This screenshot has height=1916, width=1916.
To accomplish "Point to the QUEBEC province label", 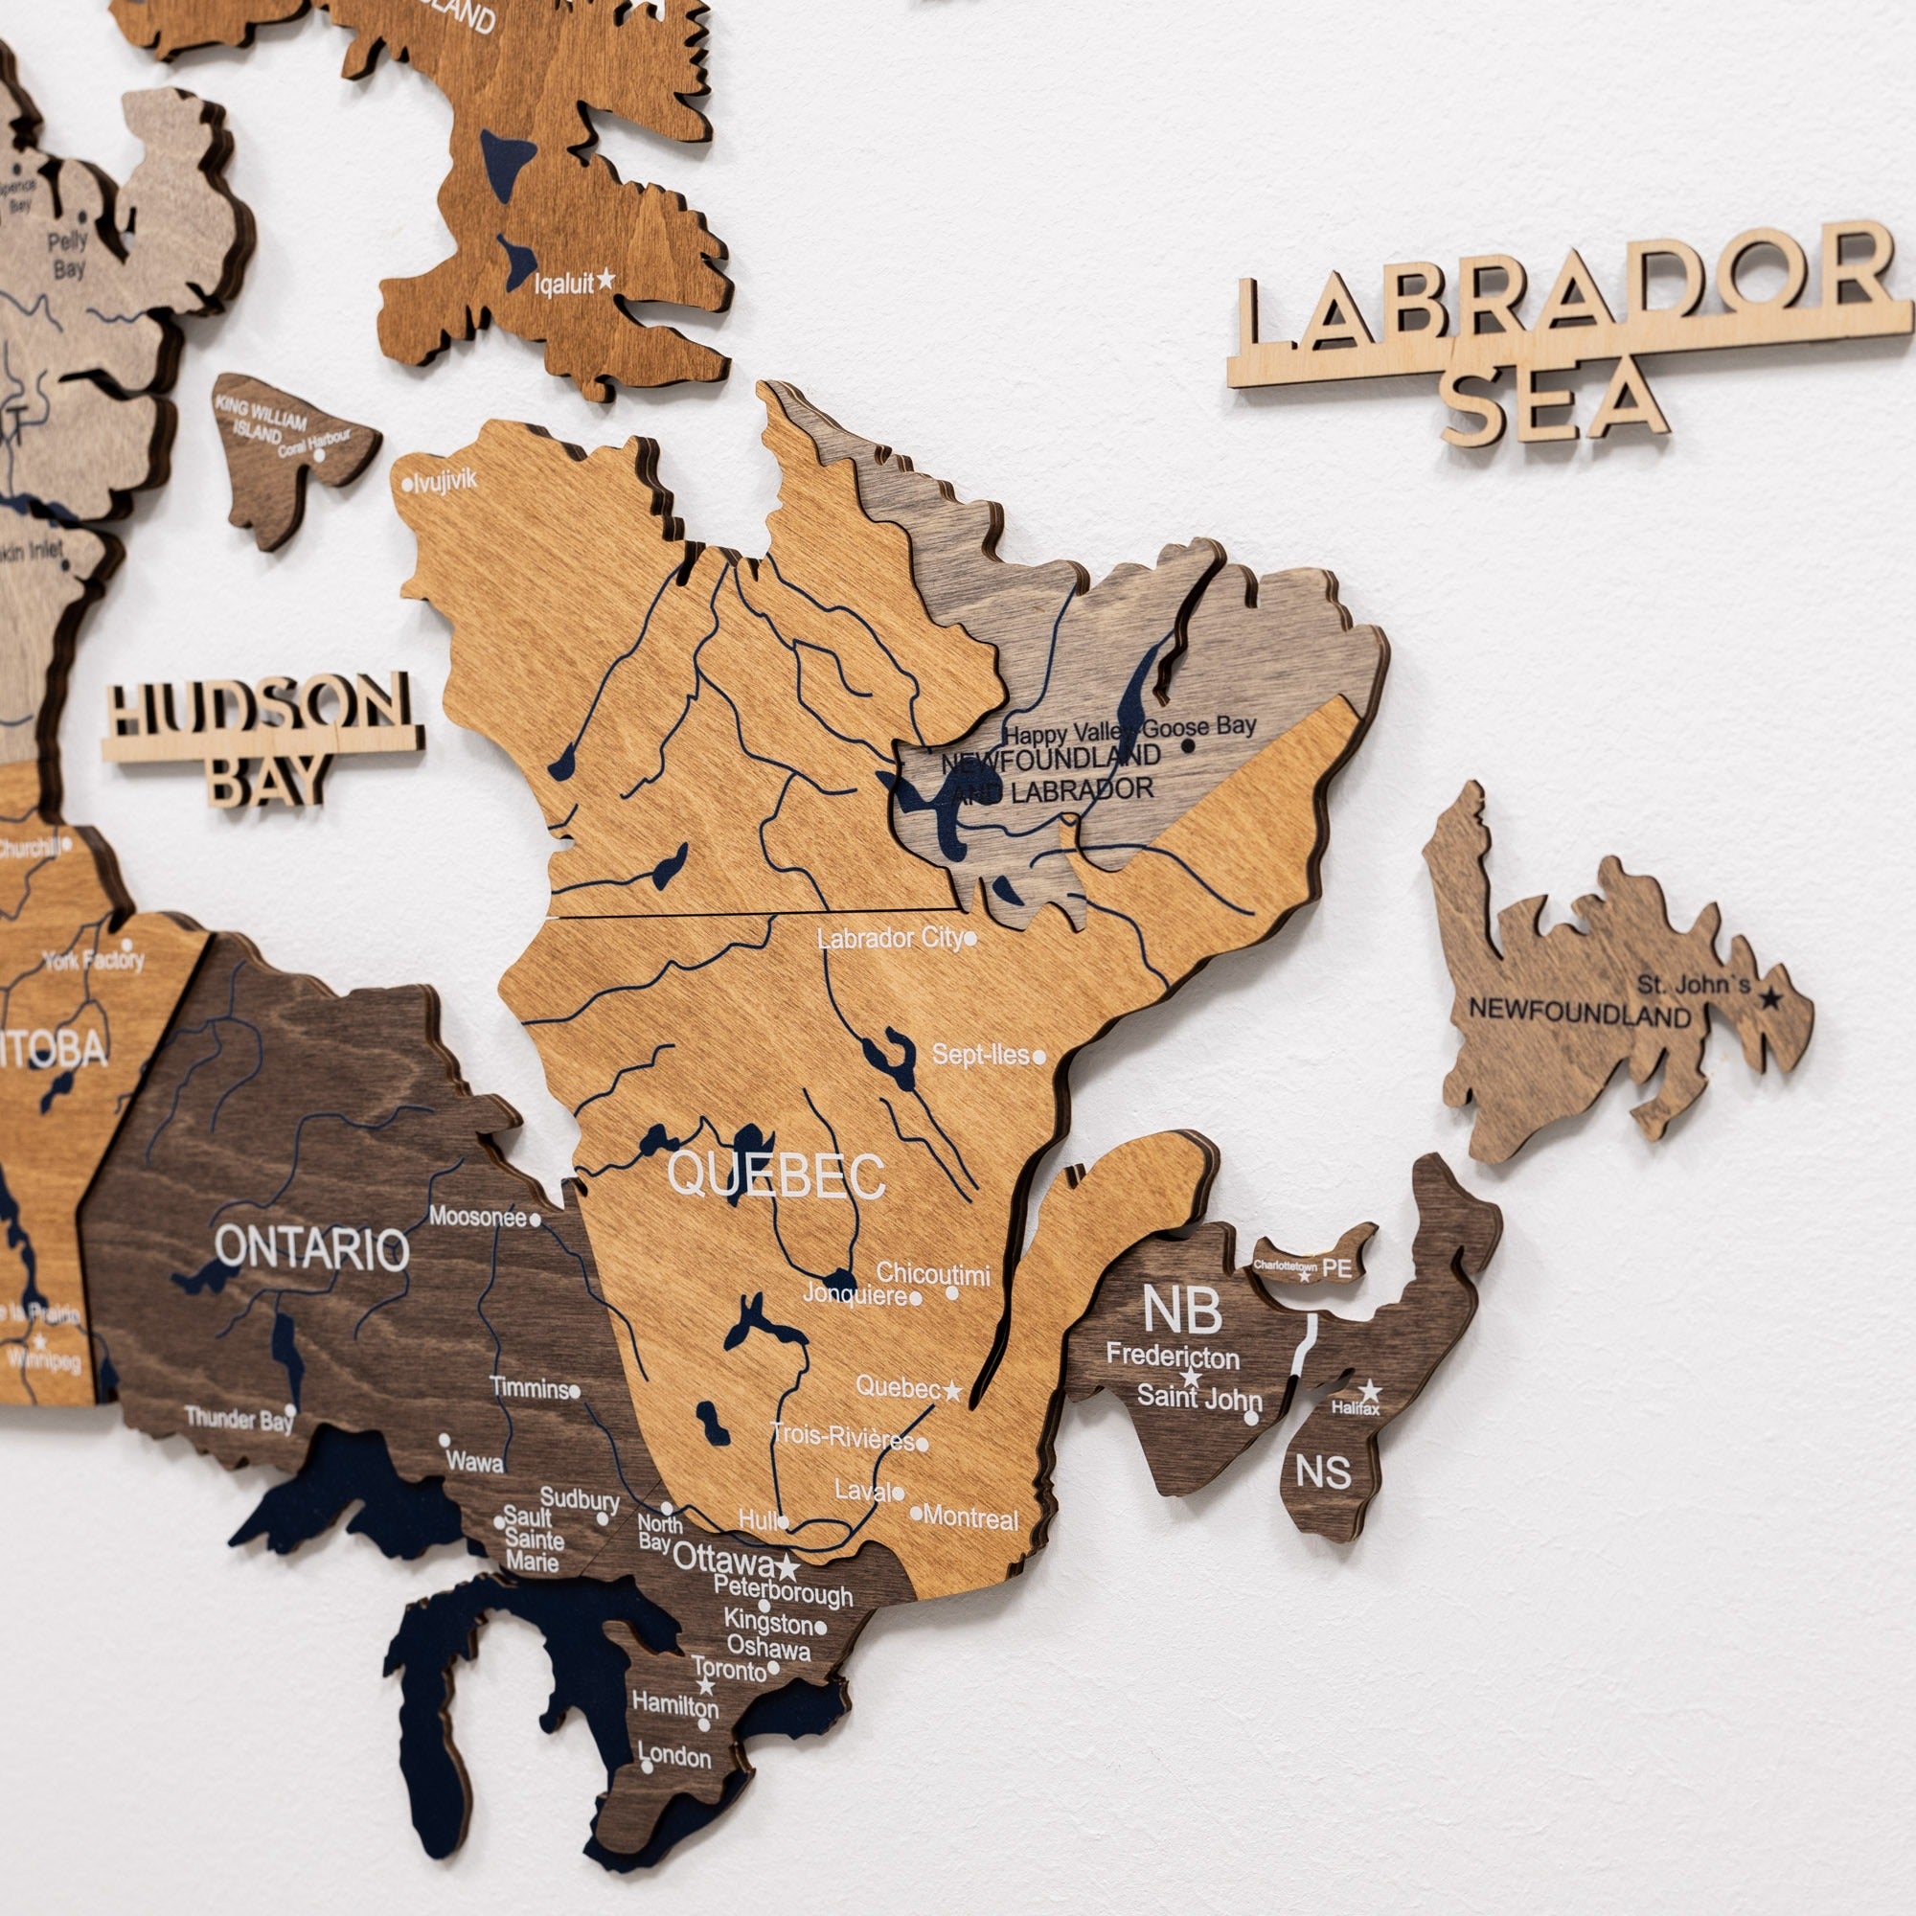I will [x=777, y=1176].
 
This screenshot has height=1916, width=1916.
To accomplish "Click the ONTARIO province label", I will [x=311, y=1248].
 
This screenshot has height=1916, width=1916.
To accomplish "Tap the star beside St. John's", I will [x=1770, y=998].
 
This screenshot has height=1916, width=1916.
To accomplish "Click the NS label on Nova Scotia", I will [x=1323, y=1471].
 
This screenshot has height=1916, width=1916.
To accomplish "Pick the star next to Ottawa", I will [x=787, y=1567].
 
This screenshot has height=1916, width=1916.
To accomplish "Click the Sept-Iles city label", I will [x=980, y=1055].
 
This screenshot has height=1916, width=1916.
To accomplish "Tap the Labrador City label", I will [x=890, y=938].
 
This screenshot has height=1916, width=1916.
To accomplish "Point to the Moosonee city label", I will [x=478, y=1217].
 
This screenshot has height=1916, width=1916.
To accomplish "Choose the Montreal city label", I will [x=970, y=1518].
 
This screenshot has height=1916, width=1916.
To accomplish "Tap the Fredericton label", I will [x=1173, y=1356].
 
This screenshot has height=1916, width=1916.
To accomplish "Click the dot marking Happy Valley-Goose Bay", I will [x=1187, y=743].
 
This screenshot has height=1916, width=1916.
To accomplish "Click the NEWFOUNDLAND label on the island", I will [x=1579, y=1013].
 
